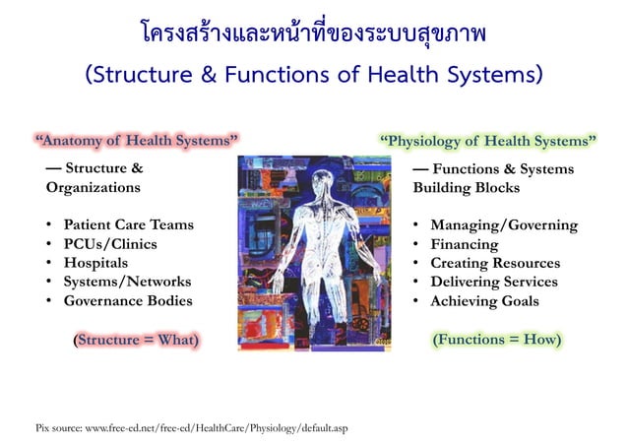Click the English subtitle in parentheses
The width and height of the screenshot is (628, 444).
coord(314,74)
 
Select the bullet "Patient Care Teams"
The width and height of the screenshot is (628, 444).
coord(128,224)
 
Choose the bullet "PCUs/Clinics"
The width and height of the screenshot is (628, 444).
coord(109,243)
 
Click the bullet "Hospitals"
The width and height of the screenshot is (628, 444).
coord(95,263)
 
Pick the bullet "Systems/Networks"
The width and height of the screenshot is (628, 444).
coord(127,282)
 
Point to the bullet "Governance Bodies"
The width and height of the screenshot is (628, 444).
coord(128,301)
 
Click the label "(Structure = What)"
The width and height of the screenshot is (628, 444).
coord(136,340)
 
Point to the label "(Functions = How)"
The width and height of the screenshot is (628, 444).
coord(498,340)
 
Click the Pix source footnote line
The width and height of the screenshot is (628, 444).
coord(191,427)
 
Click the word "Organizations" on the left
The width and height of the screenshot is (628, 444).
coord(93,187)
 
